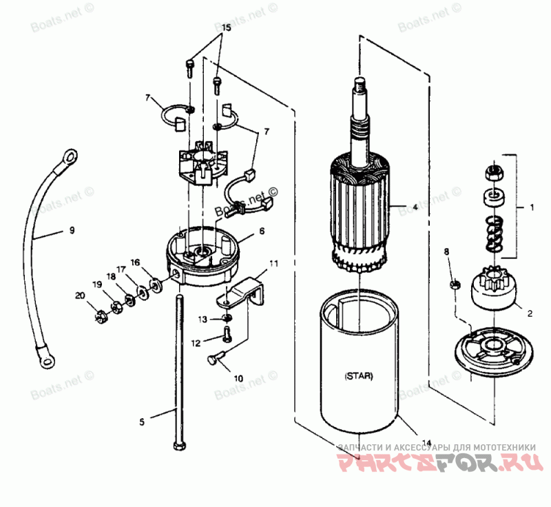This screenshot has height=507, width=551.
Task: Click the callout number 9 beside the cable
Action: point(71,231)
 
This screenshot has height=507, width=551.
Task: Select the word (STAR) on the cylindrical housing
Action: point(359,376)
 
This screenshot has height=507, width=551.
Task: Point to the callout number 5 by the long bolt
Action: point(143,422)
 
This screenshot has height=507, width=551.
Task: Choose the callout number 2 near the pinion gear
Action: point(530,313)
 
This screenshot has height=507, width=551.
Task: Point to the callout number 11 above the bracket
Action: point(274,263)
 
